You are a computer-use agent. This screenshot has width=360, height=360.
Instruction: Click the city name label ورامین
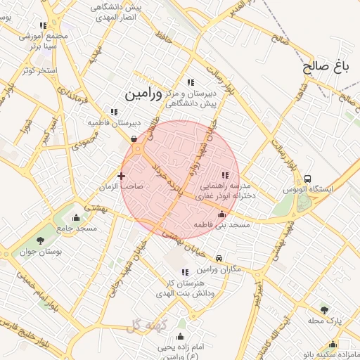[143, 93]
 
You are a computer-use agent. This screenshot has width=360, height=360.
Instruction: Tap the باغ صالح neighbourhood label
[326, 67]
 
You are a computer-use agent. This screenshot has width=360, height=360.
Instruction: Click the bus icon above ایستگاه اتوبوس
[309, 179]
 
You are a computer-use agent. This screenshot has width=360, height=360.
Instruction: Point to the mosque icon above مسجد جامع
[77, 217]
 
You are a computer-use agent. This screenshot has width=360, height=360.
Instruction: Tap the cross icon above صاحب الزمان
[122, 176]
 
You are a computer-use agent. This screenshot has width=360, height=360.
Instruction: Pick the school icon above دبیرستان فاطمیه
[114, 111]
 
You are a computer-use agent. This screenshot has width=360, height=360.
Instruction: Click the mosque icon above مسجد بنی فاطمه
[222, 214]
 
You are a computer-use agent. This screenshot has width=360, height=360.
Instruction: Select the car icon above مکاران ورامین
[220, 259]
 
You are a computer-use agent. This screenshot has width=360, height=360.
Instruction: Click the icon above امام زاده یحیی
[181, 336]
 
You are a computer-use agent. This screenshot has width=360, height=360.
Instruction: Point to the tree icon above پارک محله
[324, 309]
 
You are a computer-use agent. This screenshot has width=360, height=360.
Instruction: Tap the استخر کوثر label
[38, 70]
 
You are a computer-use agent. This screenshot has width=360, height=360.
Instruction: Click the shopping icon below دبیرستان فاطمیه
[134, 139]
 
